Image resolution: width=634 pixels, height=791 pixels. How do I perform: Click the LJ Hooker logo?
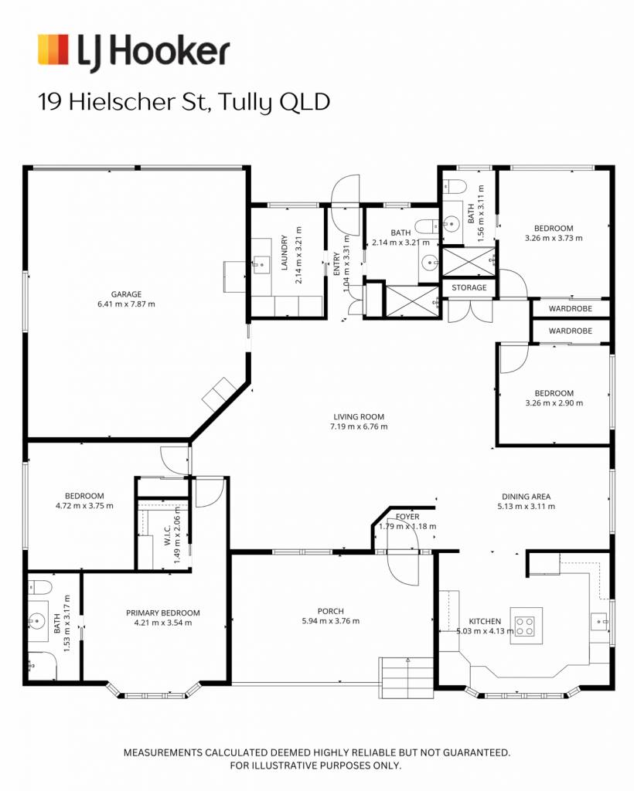[x=134, y=51]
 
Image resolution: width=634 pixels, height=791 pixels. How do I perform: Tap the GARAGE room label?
[x=126, y=294]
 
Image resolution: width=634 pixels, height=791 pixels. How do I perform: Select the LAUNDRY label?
[x=285, y=253]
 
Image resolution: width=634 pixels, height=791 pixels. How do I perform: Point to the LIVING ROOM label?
[x=359, y=416]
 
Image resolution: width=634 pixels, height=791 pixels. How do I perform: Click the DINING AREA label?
[x=526, y=497]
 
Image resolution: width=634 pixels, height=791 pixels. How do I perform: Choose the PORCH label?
[x=331, y=612]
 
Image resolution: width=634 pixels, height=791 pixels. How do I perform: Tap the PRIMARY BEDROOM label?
[x=163, y=613]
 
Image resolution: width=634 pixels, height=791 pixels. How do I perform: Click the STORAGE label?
[x=469, y=287]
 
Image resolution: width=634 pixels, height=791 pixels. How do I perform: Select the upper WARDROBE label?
[x=571, y=309]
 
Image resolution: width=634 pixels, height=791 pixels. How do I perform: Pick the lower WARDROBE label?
[x=571, y=331]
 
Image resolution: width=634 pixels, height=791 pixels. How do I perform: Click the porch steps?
[x=407, y=678]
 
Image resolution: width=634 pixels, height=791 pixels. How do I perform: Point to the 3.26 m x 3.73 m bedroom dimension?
[x=554, y=238]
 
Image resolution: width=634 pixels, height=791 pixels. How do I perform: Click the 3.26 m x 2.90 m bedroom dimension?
[x=554, y=403]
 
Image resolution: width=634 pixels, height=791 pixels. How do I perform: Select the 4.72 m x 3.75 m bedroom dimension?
[x=84, y=505]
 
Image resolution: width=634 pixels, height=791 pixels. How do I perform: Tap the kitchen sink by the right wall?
[x=600, y=622]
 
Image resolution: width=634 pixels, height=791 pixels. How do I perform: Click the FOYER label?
[x=407, y=517]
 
